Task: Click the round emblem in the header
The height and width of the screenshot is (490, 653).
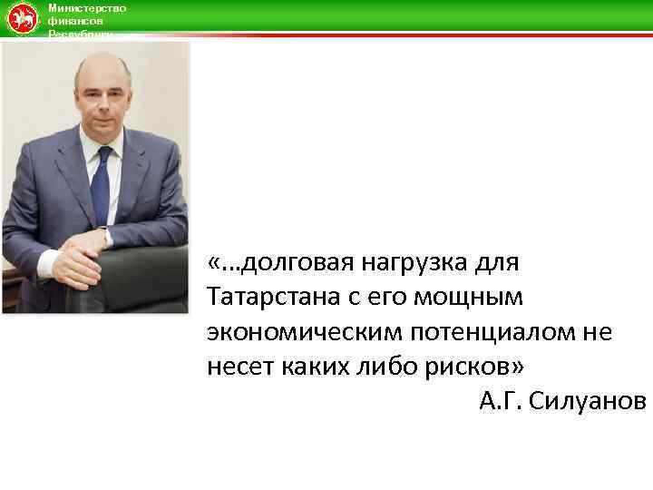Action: click(x=22, y=18)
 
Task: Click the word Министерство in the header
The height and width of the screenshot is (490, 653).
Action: click(x=87, y=8)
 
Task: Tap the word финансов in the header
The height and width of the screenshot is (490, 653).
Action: click(x=74, y=20)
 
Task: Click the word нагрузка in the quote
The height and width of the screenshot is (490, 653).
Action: click(x=416, y=264)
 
